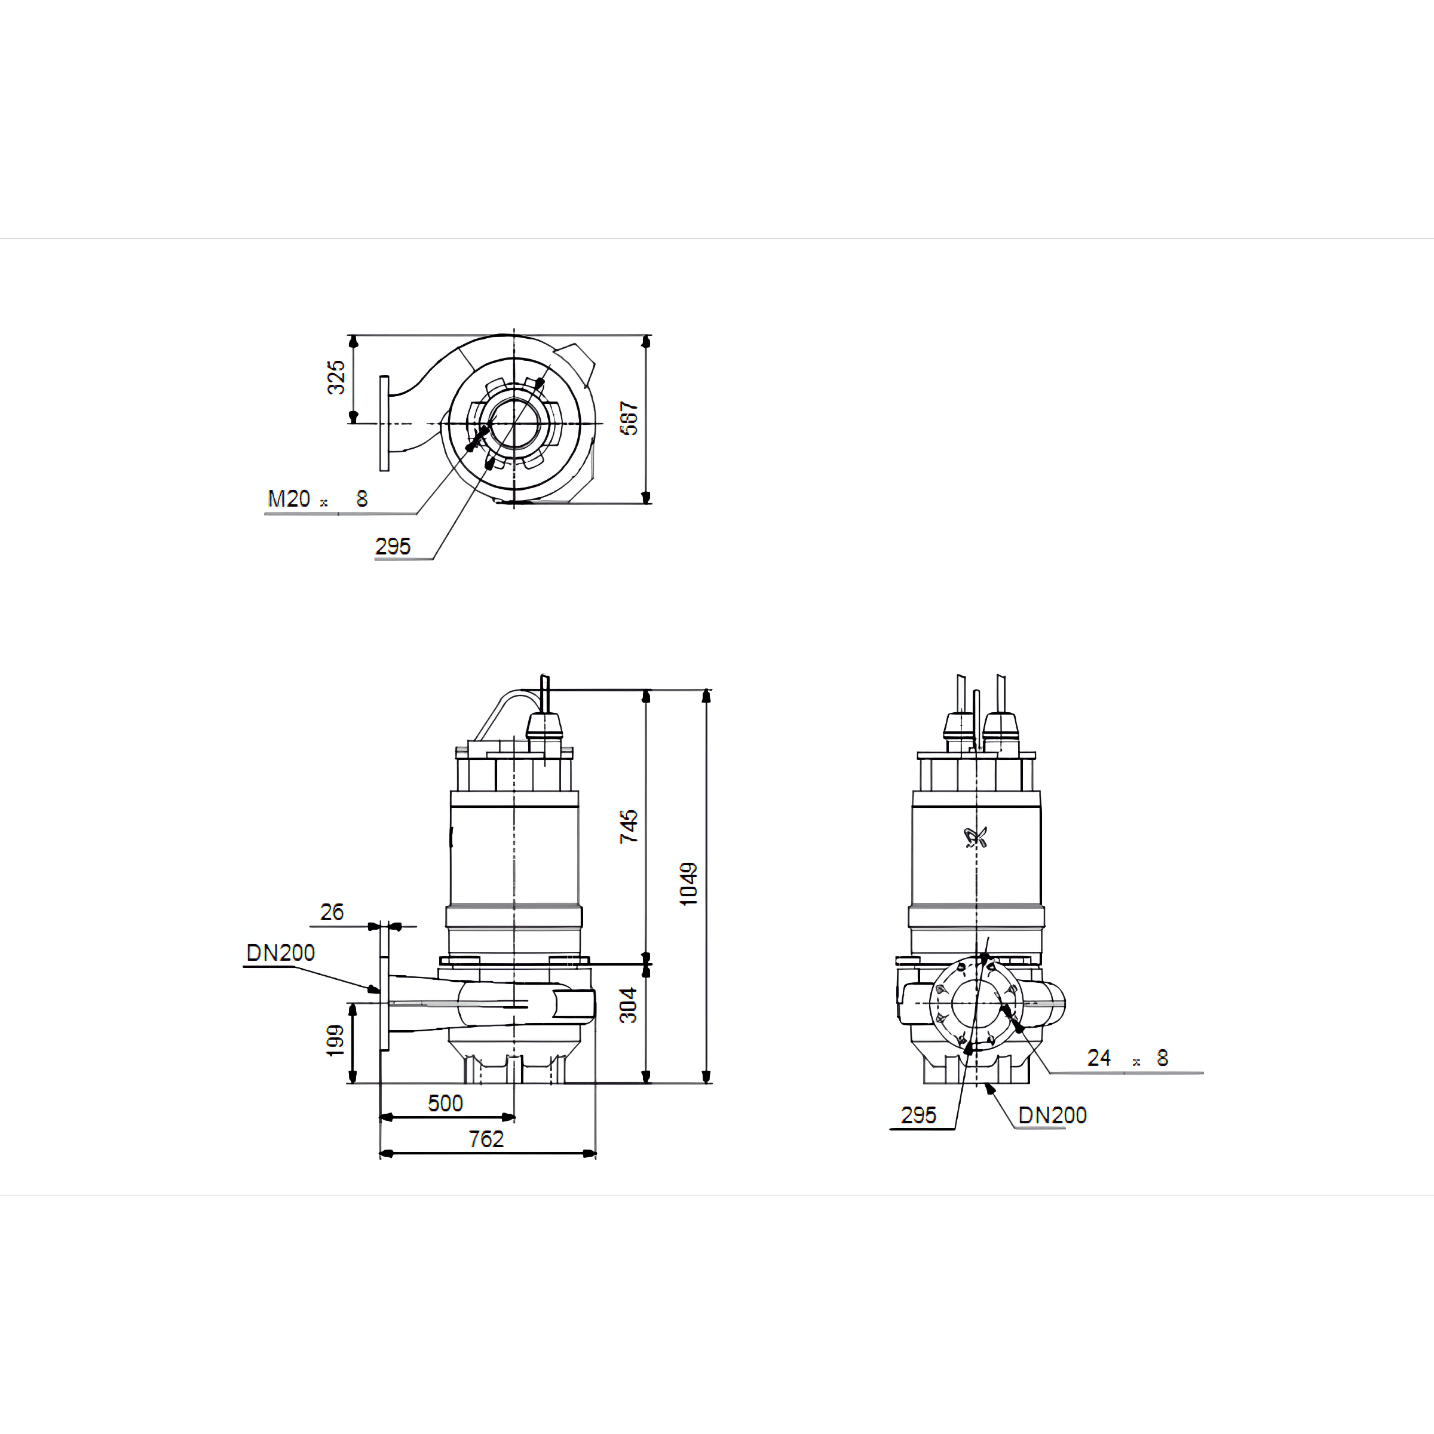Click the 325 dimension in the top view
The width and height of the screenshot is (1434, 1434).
pos(336,377)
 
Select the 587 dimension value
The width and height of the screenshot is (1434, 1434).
pos(629,419)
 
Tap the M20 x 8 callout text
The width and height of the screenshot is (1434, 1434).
pos(318,499)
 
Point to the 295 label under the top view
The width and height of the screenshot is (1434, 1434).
pos(393,546)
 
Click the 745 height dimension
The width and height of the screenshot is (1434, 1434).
pos(629,826)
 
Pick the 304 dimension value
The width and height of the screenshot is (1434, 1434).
pos(629,1005)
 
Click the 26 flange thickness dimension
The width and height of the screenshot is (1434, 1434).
pos(332,912)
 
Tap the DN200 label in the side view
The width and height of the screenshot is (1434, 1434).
pos(281,953)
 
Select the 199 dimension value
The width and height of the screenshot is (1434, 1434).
pos(335,1041)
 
